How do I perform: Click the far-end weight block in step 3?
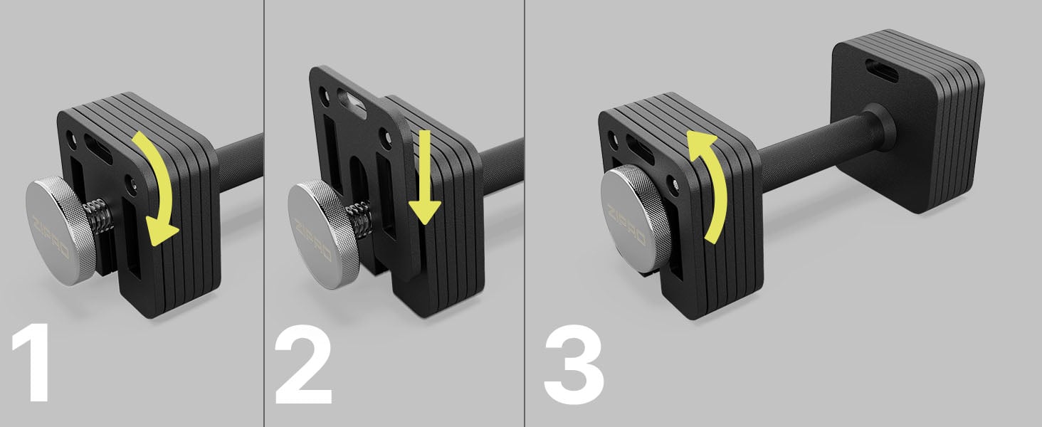(x=907, y=122)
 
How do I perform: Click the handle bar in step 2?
(x=502, y=164)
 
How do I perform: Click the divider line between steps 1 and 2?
(x=264, y=213)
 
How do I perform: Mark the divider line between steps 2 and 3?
(x=525, y=213)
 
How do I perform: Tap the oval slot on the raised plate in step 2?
(x=352, y=102)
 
